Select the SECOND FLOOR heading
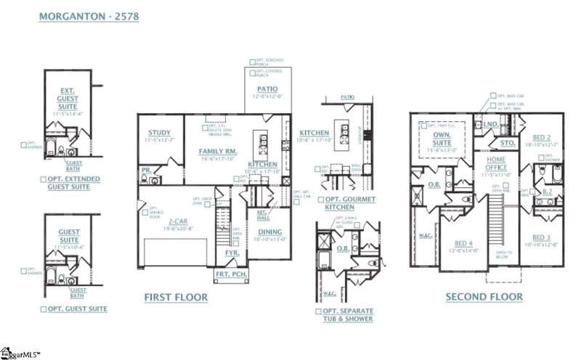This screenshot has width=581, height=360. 484,297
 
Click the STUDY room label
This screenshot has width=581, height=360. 158,132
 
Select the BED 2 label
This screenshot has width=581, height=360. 542,136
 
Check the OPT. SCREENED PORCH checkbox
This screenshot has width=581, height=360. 251,62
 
